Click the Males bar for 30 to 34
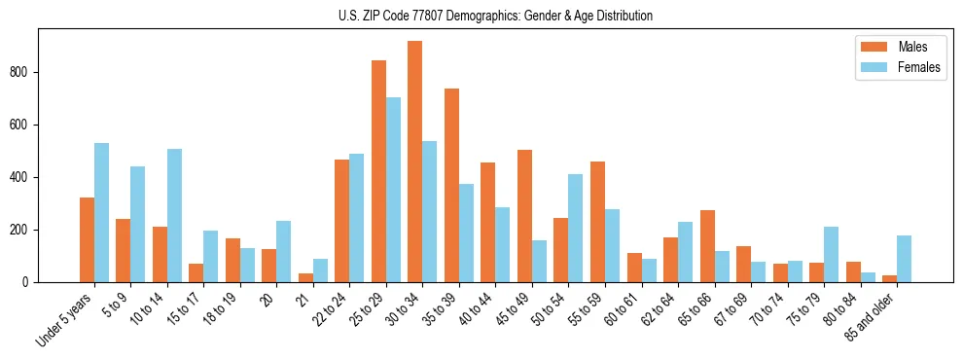point(415,162)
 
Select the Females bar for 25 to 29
point(393,190)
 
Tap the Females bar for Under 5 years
point(101,212)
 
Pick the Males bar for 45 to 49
point(524,216)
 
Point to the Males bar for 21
point(305,277)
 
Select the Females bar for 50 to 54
point(575,228)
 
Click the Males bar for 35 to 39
point(451,185)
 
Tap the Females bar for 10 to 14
point(174,215)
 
